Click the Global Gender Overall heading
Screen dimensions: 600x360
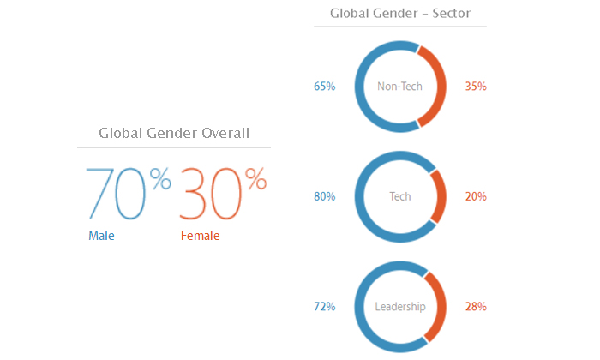point(174,133)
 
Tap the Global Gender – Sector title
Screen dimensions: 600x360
point(400,14)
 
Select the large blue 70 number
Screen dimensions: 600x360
point(116,194)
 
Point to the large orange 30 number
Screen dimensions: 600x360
point(211,194)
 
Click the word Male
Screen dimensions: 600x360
point(101,235)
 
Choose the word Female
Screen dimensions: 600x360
point(200,235)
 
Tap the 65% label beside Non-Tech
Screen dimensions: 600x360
point(325,86)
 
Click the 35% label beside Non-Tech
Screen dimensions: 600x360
point(476,86)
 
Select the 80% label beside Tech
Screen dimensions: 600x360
point(325,196)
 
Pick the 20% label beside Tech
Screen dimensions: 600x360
point(476,196)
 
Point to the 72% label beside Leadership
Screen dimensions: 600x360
point(325,307)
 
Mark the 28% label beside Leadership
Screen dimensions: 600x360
point(476,307)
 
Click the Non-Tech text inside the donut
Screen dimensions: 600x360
point(400,86)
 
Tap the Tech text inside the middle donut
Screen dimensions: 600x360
point(400,196)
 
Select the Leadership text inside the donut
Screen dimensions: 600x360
point(400,307)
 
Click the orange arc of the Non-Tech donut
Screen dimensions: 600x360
point(441,86)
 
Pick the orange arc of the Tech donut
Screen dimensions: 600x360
point(441,196)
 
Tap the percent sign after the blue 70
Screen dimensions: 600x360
point(160,178)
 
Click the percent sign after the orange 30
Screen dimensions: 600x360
point(255,178)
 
